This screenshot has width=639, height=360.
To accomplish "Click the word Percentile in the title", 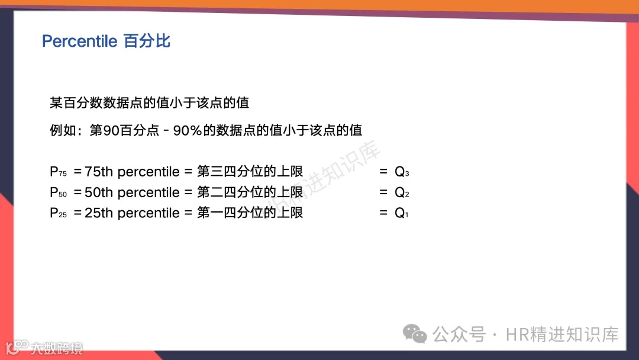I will tap(80, 41).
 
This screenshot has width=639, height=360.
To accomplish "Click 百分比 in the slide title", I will tap(147, 41).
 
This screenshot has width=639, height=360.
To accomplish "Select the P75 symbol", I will tap(58, 172).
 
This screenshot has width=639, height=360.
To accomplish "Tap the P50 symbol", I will tap(58, 193).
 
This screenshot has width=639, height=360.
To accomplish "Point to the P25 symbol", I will tap(58, 214).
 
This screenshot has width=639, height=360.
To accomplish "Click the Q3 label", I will tap(402, 172).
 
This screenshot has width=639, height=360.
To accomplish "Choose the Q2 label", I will tap(402, 193).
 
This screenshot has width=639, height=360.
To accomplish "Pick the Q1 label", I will tap(401, 214).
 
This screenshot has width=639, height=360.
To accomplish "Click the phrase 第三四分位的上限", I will tap(250, 172).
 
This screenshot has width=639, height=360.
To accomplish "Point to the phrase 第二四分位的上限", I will tap(250, 193).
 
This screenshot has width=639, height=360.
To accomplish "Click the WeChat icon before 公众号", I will tap(415, 335).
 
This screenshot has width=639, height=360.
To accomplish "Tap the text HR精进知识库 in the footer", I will tap(562, 335).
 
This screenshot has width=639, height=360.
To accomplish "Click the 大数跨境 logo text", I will tap(57, 348).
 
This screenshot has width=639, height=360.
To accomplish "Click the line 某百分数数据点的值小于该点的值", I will tap(149, 103).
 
